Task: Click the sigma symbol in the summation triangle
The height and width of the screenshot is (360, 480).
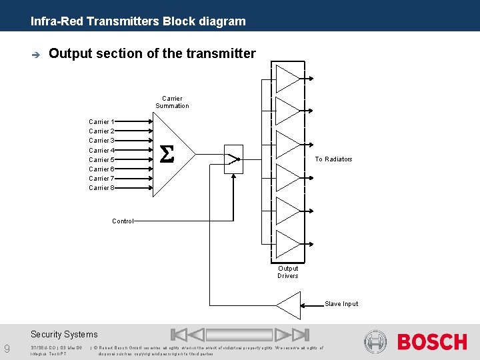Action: click(167, 155)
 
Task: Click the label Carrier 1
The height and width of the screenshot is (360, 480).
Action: click(101, 122)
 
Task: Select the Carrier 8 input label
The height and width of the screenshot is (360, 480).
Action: click(101, 188)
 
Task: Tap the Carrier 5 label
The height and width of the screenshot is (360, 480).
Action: click(101, 160)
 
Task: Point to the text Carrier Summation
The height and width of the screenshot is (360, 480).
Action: click(172, 102)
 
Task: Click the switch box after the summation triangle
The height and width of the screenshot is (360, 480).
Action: click(233, 159)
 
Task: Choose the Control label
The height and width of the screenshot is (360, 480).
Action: click(123, 221)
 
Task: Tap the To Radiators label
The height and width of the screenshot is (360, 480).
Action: click(333, 159)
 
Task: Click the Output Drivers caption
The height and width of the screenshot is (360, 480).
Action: click(288, 272)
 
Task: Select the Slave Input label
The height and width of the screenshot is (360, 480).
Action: click(341, 304)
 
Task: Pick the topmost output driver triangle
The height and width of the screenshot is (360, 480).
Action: click(287, 78)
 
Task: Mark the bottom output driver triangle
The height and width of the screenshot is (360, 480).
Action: click(287, 245)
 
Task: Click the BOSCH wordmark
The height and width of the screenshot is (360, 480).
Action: click(432, 342)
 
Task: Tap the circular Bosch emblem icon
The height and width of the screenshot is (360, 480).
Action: click(375, 341)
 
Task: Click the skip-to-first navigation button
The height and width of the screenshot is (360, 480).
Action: click(178, 335)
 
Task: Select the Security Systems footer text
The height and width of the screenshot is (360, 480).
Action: click(64, 335)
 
